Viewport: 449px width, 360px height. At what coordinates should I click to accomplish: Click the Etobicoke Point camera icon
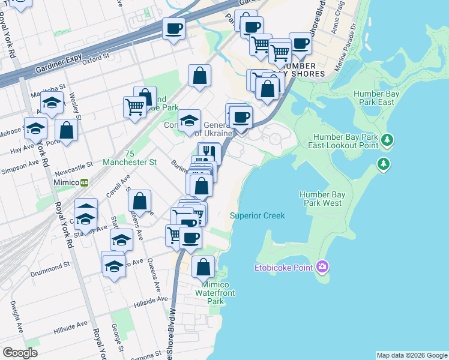[323, 266]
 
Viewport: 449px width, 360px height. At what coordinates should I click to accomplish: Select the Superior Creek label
[257, 215]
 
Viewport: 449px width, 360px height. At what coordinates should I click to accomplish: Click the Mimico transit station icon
[85, 182]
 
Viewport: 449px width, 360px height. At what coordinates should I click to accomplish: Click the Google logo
[20, 352]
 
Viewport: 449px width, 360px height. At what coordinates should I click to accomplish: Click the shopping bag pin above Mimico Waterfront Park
[203, 266]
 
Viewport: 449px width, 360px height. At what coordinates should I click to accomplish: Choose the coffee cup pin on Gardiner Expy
[173, 28]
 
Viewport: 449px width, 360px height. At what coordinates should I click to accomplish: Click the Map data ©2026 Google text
[412, 355]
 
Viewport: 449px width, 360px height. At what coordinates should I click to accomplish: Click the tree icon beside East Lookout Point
[388, 140]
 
